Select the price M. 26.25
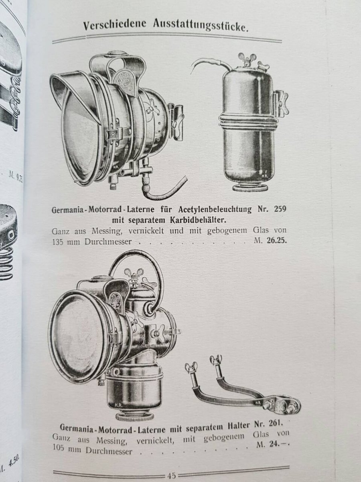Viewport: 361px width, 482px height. [270, 241]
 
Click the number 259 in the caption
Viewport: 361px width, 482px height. [280, 209]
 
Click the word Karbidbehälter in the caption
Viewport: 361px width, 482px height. [198, 220]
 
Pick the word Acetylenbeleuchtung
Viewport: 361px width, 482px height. [215, 210]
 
